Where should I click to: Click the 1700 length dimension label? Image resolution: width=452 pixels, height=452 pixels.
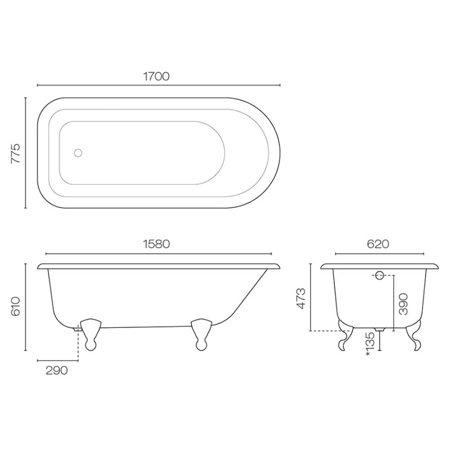[x=156, y=76]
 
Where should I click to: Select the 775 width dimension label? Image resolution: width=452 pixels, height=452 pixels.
[x=16, y=153]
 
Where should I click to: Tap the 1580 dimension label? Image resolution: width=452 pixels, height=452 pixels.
[x=156, y=244]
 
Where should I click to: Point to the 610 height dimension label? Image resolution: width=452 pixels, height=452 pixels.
[x=16, y=306]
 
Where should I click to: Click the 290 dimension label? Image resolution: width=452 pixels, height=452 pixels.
[x=56, y=371]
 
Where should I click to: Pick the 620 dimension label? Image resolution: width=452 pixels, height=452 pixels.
[x=379, y=244]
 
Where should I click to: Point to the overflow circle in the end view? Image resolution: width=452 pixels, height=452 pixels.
[x=379, y=275]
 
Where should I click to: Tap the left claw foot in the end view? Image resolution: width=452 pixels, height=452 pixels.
[x=346, y=335]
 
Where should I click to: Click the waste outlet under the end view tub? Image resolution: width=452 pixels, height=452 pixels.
[x=379, y=330]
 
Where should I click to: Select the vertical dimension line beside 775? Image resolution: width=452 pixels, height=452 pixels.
[x=25, y=153]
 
